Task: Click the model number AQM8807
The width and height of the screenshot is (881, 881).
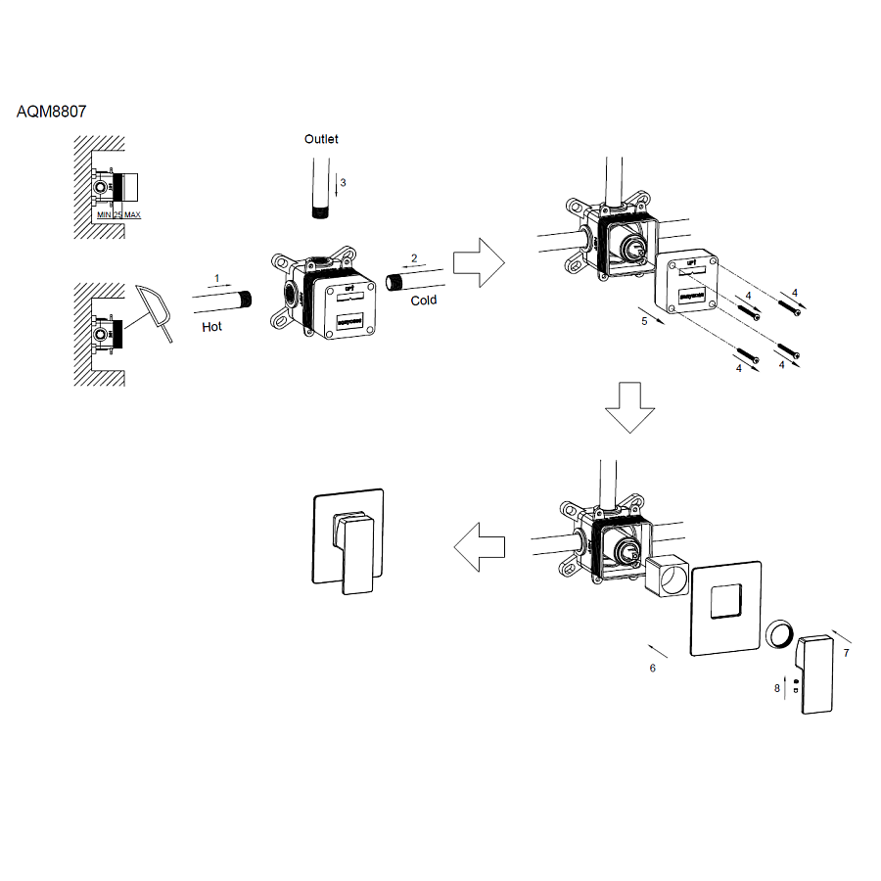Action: click(x=52, y=112)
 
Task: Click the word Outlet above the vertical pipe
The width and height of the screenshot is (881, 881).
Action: click(x=321, y=139)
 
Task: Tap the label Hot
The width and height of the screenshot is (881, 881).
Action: click(x=212, y=326)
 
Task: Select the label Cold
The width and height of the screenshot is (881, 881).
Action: click(x=424, y=301)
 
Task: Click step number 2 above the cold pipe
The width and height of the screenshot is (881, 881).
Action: click(x=414, y=258)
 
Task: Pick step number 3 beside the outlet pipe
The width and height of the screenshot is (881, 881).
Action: click(x=343, y=183)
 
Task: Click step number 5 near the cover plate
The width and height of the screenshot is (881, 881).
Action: click(x=644, y=321)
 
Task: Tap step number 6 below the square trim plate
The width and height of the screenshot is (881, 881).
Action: click(x=652, y=668)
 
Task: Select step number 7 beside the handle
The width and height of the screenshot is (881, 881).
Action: click(x=846, y=651)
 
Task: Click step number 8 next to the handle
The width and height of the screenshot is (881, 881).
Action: click(x=777, y=688)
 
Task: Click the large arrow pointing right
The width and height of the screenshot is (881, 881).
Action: click(x=478, y=262)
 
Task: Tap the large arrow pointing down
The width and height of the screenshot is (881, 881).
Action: click(x=628, y=405)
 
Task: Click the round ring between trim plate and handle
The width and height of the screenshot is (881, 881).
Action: click(x=780, y=636)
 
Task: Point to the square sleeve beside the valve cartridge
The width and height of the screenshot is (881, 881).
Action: click(x=669, y=577)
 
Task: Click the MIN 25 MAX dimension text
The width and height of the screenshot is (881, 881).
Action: click(x=118, y=214)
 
